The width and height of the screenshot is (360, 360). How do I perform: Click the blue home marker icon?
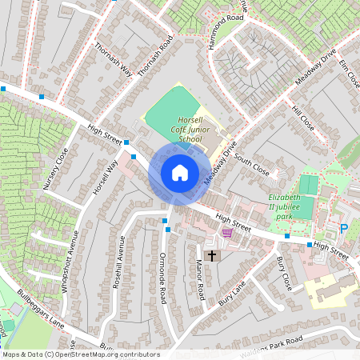(x=180, y=173)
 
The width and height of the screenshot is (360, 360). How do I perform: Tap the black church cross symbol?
(x=212, y=256)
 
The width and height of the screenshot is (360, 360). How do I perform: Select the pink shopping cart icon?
(x=227, y=234)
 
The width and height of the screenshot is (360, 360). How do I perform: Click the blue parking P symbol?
(x=344, y=229)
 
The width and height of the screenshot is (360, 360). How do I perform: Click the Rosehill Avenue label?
(x=120, y=262)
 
